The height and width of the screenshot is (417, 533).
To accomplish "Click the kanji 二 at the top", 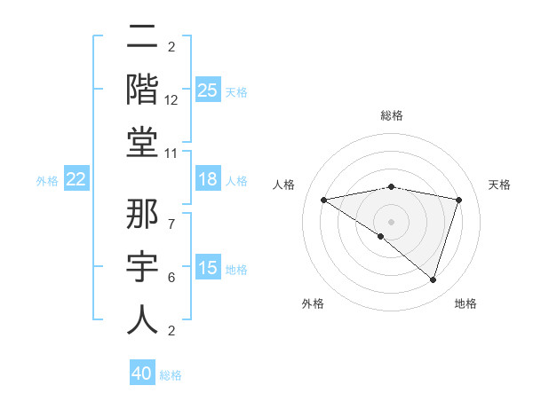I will pyautogui.click(x=142, y=37).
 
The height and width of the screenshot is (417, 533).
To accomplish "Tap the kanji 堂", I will pyautogui.click(x=142, y=140).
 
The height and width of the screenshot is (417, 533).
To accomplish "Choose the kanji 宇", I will pyautogui.click(x=142, y=266).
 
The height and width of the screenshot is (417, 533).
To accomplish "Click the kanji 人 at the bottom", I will pyautogui.click(x=142, y=319).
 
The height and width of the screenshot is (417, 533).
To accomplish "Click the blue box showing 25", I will pyautogui.click(x=207, y=90).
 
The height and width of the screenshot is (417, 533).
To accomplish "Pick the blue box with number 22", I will pyautogui.click(x=76, y=180).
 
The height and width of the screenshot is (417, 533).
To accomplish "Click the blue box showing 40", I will pyautogui.click(x=142, y=374).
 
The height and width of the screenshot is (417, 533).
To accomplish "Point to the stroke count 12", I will pyautogui.click(x=171, y=99).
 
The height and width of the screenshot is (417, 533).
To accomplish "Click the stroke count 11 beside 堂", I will pyautogui.click(x=171, y=153).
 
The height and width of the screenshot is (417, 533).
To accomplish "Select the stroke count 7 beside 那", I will pyautogui.click(x=171, y=215).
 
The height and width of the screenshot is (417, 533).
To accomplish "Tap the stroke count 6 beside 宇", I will pyautogui.click(x=171, y=278).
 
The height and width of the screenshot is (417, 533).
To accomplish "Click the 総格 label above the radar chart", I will pyautogui.click(x=391, y=115).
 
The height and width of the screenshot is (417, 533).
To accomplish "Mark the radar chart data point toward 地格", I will pyautogui.click(x=433, y=280).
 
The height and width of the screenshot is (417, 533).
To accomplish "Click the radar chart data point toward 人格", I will pyautogui.click(x=323, y=200).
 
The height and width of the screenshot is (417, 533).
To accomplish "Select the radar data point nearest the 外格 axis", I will pyautogui.click(x=381, y=236).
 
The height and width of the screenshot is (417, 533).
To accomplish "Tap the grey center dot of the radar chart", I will pyautogui.click(x=391, y=220).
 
